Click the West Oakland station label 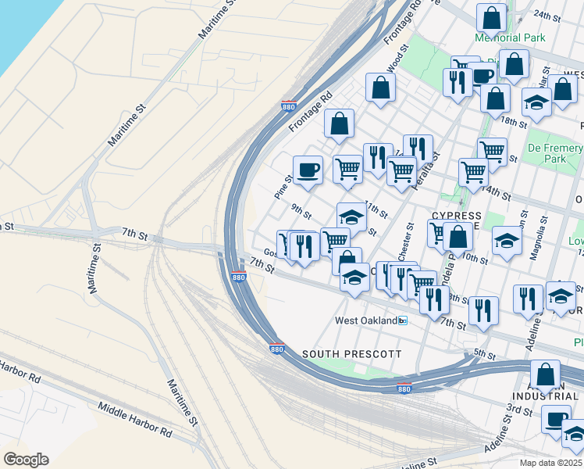[x=366, y=320]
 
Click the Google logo [x=26, y=460]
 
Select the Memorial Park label [x=509, y=38]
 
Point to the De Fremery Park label [x=555, y=153]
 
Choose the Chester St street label [x=409, y=234]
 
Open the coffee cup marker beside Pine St [x=308, y=170]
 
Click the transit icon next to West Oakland [x=403, y=320]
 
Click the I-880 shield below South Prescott [x=403, y=388]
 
